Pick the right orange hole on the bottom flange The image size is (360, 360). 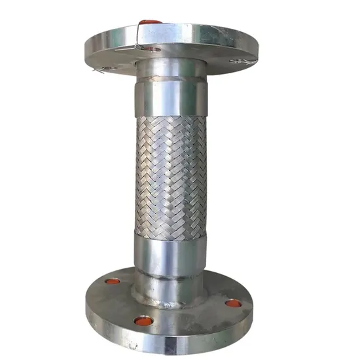(x=233, y=303)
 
